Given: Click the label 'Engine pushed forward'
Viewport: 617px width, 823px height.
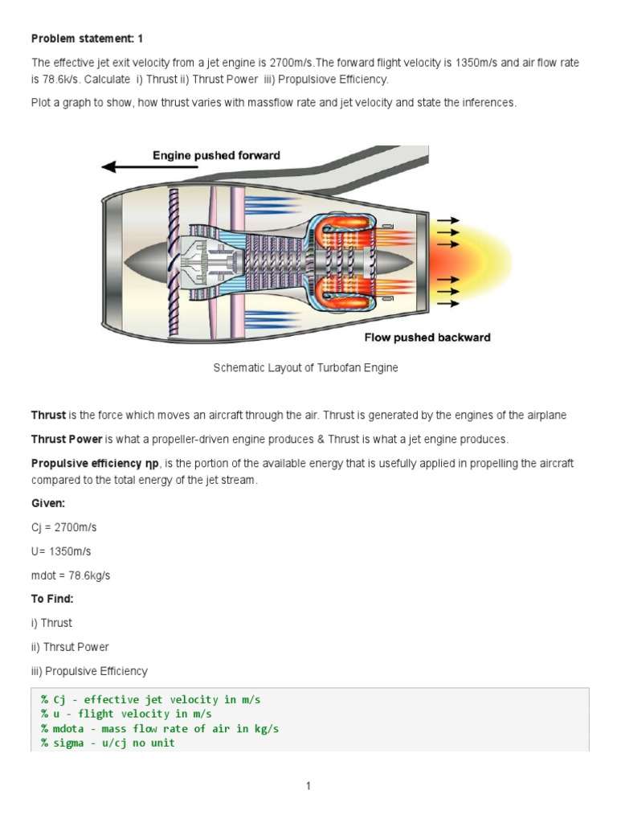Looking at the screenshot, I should [x=217, y=155].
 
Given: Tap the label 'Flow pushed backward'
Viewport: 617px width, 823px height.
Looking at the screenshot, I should [x=427, y=338].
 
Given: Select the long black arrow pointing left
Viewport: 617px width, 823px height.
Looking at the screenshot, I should [x=149, y=167].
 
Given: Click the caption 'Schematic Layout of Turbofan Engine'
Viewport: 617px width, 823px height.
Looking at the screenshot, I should [x=305, y=368].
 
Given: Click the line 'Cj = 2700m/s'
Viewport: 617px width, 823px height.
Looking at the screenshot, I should [x=63, y=527].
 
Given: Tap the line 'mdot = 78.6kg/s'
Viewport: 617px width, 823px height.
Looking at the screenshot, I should [x=71, y=575].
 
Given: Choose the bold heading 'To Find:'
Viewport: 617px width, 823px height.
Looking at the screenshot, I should [x=52, y=599].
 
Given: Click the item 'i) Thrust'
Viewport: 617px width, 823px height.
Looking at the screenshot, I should [x=51, y=623].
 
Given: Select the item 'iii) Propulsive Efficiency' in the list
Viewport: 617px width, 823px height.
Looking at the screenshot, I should [x=89, y=671].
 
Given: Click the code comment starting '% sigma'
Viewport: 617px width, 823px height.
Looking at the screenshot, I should [x=108, y=743].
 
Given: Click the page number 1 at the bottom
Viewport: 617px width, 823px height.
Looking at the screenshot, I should [x=308, y=786].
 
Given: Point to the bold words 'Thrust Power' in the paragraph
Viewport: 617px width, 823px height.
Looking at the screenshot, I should [x=67, y=440].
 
